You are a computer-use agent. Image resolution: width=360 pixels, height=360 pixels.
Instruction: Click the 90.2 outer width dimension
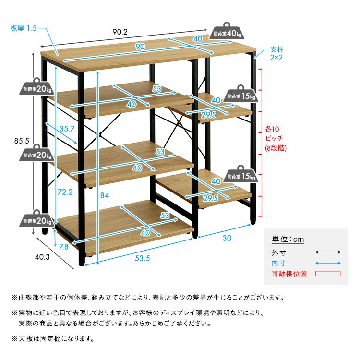pyautogui.click(x=120, y=32)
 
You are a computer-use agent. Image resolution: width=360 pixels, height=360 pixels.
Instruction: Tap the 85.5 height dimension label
pyautogui.click(x=22, y=141)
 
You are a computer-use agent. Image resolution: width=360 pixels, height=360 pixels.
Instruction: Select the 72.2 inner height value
pyautogui.click(x=65, y=192)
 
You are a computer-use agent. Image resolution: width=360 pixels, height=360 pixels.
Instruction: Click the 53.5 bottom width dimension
pyautogui.click(x=143, y=258)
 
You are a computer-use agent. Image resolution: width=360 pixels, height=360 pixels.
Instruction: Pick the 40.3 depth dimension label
pyautogui.click(x=42, y=256)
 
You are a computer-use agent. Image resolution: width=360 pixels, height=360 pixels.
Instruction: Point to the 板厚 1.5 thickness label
pyautogui.click(x=24, y=28)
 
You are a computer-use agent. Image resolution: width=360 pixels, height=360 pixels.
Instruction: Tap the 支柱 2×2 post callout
pyautogui.click(x=277, y=53)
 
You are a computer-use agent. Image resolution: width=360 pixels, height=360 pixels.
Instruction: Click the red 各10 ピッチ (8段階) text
pyautogui.click(x=276, y=139)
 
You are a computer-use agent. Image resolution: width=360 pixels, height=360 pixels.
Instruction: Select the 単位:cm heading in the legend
pyautogui.click(x=288, y=240)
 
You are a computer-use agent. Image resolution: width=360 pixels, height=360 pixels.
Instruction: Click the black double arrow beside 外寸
pyautogui.click(x=328, y=252)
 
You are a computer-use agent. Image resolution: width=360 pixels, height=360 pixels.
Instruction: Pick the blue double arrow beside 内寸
pyautogui.click(x=328, y=264)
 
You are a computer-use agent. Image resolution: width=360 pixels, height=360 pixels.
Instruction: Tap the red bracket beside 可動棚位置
pyautogui.click(x=328, y=274)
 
